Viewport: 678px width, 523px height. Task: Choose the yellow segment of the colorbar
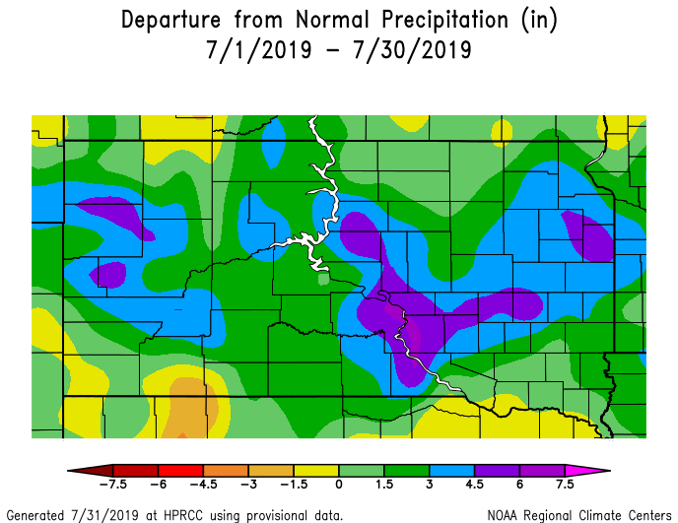click(x=315, y=471)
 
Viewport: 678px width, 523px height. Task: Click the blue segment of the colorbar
click(x=451, y=471)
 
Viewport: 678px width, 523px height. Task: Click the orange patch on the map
click(x=187, y=404)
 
